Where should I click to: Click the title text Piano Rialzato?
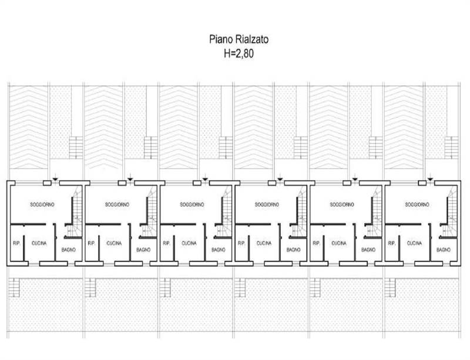point(239,39)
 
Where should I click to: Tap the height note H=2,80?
point(239,53)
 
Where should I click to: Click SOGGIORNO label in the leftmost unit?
point(42,205)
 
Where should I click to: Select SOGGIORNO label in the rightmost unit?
point(417,205)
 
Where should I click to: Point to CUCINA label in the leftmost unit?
point(39,243)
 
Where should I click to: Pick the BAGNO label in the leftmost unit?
point(68,250)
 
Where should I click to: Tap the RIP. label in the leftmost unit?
point(16,243)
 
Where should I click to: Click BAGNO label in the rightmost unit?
point(444,250)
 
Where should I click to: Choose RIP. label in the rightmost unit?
point(391,243)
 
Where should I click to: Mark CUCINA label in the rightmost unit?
point(414,243)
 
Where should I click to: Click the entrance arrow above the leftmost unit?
point(55,177)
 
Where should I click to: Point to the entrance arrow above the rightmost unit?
point(430,177)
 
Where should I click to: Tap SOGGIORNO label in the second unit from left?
point(117,205)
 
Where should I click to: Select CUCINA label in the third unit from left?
point(189,243)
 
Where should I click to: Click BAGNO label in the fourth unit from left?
point(293,250)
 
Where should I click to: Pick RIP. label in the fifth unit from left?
point(316,243)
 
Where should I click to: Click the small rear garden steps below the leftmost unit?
point(14,287)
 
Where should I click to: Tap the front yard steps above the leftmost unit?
point(76,147)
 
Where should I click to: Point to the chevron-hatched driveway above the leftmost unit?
point(28,127)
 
